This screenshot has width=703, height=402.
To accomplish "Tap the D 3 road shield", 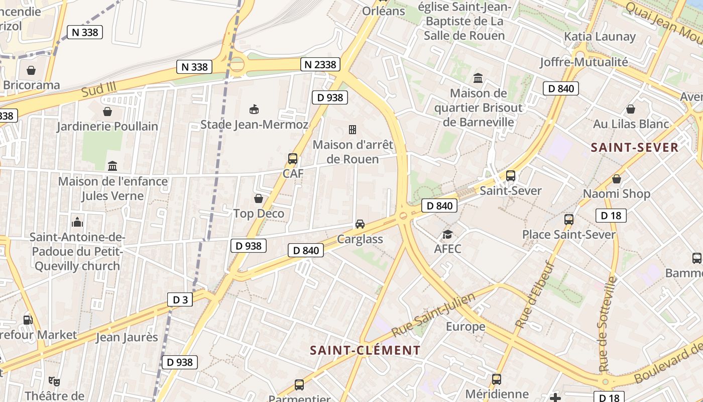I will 180,300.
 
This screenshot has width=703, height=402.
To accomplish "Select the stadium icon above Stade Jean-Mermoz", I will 254,109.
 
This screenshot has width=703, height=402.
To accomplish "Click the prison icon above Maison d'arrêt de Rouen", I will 353,130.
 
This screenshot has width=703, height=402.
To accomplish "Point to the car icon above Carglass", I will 360,224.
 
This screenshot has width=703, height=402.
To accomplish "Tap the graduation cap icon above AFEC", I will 447,234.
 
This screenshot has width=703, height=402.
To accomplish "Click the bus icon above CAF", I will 292,159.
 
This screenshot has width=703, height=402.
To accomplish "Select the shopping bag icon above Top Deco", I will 259,198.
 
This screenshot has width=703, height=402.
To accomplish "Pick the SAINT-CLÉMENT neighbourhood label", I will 365,350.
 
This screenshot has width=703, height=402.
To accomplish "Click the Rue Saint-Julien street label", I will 433,315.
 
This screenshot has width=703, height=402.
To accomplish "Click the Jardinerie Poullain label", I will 107,126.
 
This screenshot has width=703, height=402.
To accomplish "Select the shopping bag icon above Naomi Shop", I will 617,179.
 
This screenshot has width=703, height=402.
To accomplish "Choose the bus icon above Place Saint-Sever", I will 569,220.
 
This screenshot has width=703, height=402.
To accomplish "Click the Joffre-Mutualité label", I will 583,62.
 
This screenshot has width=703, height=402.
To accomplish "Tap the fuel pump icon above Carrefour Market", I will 28,320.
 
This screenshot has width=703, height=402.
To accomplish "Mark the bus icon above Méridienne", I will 497,379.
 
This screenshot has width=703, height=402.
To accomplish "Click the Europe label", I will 465,327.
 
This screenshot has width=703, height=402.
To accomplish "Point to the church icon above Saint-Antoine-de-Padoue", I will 77,222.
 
